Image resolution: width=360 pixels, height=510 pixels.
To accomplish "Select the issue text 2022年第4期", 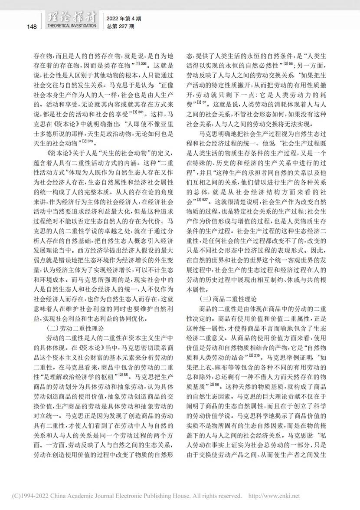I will pyautogui.click(x=124, y=19).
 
